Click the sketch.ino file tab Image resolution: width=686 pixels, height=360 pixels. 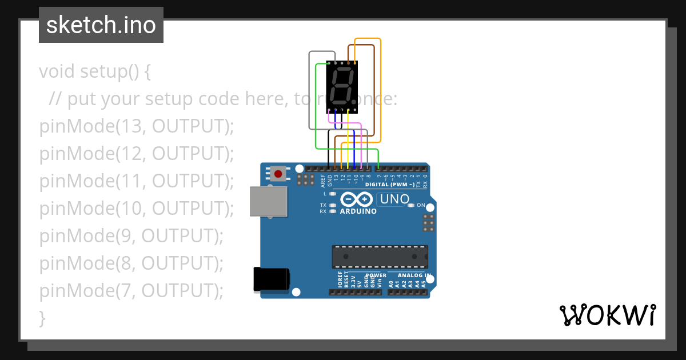pos(101,25)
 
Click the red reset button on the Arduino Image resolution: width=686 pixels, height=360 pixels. pos(279,173)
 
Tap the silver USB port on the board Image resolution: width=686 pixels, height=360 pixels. pos(268,201)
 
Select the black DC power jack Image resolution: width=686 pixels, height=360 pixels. pos(271,280)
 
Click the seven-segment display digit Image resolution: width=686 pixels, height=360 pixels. pos(342,85)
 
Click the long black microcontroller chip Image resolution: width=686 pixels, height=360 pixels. pos(380,257)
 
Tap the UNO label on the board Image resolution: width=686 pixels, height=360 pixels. pos(394,199)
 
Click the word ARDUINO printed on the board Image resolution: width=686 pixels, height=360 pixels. pos(358,211)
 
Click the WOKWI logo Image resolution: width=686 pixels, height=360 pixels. pos(607,315)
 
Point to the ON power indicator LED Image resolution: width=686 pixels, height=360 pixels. pos(411,205)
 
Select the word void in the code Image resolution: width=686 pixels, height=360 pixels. pos(57,72)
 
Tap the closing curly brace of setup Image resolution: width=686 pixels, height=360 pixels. pos(42,318)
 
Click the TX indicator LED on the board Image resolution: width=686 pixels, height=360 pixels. pos(332,205)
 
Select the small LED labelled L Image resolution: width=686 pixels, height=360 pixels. pos(332,194)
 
